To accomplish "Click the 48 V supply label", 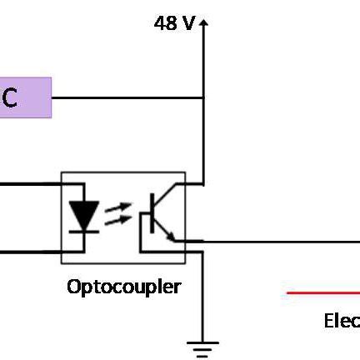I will click(x=173, y=22).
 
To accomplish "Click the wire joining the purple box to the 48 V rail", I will click(x=125, y=97).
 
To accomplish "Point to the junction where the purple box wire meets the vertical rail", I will click(x=202, y=97).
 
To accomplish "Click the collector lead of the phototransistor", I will click(x=171, y=197).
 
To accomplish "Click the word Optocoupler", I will click(x=123, y=287).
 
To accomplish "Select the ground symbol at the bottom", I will click(x=202, y=347).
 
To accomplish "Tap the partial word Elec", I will click(x=341, y=321).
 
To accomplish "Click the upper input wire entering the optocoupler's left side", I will click(x=30, y=183).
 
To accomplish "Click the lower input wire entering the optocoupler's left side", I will click(x=30, y=250).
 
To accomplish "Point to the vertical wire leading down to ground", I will click(x=202, y=292).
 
